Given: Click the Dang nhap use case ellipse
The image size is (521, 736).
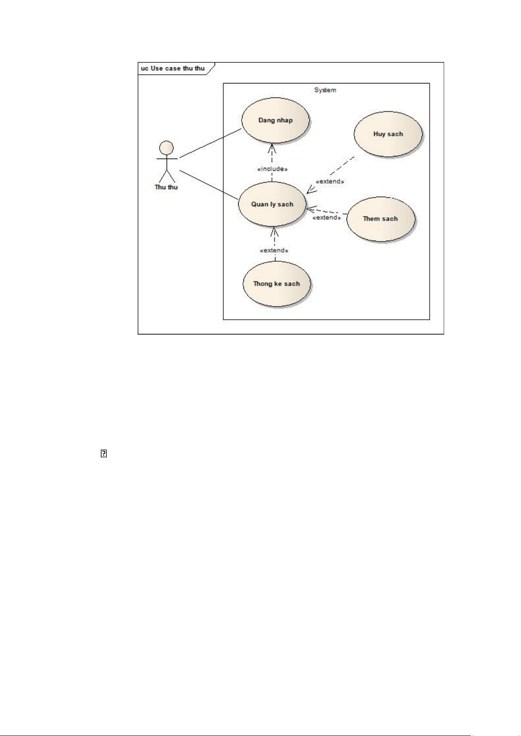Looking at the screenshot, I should click(275, 120).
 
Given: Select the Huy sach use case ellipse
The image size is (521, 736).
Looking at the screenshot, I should click(388, 134).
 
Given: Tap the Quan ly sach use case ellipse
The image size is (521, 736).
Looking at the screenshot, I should click(272, 204).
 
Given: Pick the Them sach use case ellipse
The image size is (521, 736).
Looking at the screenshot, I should click(380, 218).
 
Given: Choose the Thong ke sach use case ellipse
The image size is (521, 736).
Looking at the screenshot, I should click(276, 283).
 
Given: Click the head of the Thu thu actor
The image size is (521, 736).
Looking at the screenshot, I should click(167, 148).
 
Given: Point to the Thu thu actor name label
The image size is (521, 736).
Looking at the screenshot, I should click(166, 187).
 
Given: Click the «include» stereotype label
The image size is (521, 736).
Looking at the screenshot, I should click(272, 169).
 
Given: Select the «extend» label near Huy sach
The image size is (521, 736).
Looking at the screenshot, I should click(330, 181).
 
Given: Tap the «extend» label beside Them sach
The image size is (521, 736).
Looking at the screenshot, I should click(326, 217).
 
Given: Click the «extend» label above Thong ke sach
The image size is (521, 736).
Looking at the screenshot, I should click(274, 250).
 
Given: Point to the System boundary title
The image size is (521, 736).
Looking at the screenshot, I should click(325, 90).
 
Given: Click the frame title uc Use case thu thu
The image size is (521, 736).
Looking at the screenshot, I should click(173, 69).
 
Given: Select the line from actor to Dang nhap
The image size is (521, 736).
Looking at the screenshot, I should click(211, 143).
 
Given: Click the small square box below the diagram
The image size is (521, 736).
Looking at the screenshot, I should click(104, 454).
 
